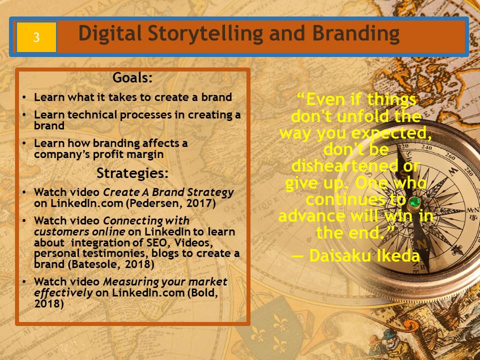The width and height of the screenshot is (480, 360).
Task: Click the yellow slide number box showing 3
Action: (x=36, y=37)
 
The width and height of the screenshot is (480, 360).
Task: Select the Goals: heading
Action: (x=132, y=77)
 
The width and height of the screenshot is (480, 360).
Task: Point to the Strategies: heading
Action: (x=132, y=173)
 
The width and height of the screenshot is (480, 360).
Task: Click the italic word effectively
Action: (x=63, y=293)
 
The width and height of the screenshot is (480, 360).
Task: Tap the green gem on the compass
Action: (x=414, y=201)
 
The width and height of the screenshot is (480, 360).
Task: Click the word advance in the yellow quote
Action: (x=312, y=216)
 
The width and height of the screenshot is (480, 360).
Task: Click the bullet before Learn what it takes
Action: (x=24, y=97)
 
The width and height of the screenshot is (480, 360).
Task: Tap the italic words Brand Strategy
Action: (x=193, y=192)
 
